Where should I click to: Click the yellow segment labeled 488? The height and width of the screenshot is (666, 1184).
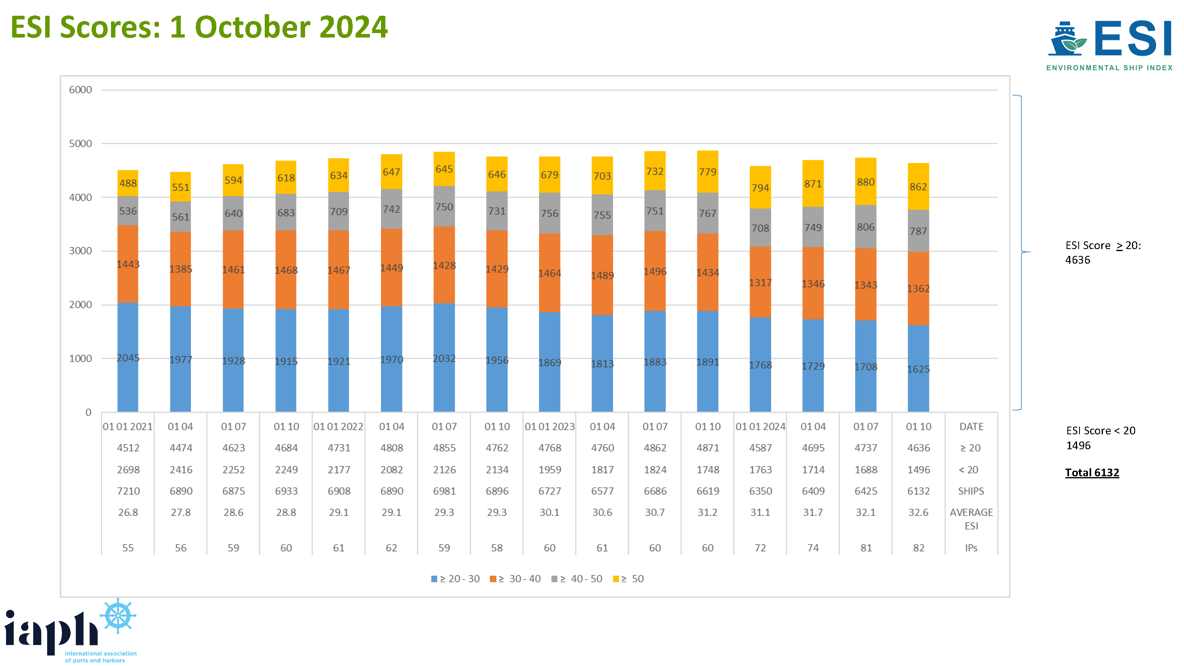(128, 183)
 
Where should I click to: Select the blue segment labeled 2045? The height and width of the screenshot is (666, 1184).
(128, 357)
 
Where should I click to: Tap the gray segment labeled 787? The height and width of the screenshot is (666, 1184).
(918, 231)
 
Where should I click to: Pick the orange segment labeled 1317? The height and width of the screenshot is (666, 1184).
(760, 282)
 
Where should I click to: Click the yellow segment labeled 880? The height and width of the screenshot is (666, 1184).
(865, 182)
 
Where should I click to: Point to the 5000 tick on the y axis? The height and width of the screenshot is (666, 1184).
(80, 143)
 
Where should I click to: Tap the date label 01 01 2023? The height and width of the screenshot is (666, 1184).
(549, 427)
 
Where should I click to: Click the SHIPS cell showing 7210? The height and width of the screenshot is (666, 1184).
(128, 491)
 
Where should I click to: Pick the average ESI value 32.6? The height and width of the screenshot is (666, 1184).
(918, 512)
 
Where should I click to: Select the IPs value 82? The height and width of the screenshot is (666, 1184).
(918, 547)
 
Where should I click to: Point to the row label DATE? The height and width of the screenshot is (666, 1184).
(971, 427)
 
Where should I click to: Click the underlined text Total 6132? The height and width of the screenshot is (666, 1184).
(1092, 473)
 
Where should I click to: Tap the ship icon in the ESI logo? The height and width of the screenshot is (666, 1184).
(1066, 39)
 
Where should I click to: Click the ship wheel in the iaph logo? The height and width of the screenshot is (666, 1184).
(118, 615)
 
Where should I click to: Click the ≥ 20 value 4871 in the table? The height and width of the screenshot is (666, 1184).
(707, 448)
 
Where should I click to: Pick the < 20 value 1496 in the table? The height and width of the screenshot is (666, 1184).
(918, 470)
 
